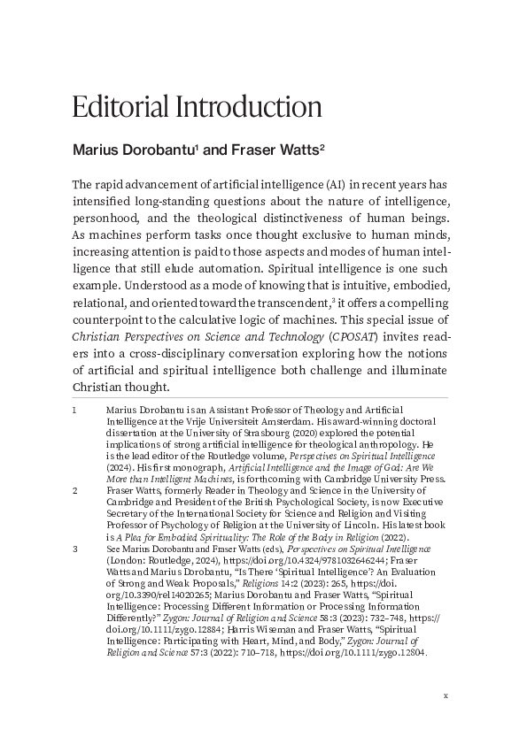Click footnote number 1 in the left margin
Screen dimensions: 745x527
(74, 411)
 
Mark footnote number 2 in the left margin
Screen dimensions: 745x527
(74, 488)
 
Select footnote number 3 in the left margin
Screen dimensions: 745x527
(74, 549)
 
